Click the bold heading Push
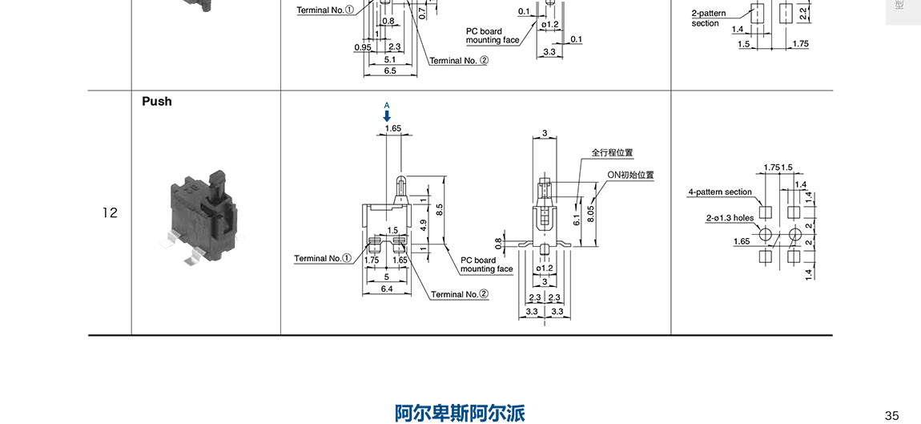click(157, 102)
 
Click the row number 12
click(110, 213)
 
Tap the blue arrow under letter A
click(387, 116)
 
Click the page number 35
click(892, 415)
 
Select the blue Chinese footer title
click(460, 413)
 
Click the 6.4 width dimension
click(387, 289)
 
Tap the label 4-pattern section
click(720, 192)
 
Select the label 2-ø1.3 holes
click(730, 217)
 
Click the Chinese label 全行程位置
click(612, 152)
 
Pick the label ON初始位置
click(630, 175)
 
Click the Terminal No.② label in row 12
click(460, 294)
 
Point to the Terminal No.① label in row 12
click(323, 258)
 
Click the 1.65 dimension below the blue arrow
click(392, 128)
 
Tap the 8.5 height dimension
click(439, 210)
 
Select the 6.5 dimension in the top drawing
click(390, 71)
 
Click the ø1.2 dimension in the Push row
click(545, 269)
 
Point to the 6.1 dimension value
click(577, 218)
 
